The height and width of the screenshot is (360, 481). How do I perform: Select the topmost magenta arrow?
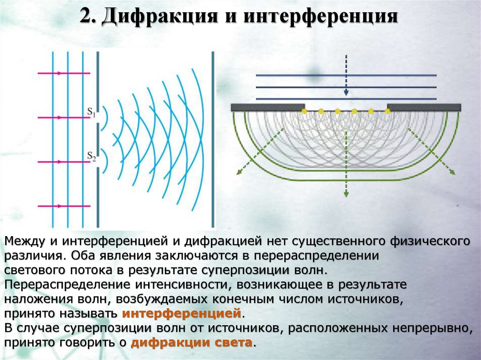[x=63, y=73]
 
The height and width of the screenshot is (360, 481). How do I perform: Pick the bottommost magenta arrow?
[x=63, y=206]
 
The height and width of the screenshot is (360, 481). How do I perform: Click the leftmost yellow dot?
[x=304, y=111]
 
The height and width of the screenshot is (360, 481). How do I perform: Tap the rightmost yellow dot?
[x=388, y=111]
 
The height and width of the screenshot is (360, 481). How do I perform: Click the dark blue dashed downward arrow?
[x=346, y=75]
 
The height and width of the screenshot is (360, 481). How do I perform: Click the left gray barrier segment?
[x=268, y=107]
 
